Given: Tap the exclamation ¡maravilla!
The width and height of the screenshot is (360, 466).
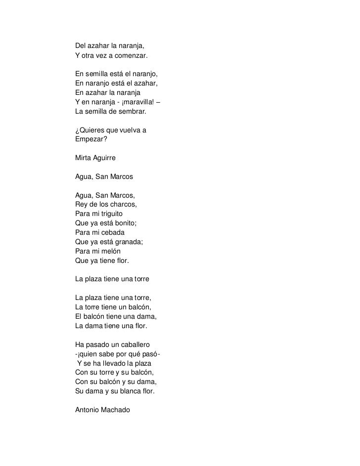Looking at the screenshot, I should tap(135, 102).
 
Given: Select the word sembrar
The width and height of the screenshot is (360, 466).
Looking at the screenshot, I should tap(133, 112).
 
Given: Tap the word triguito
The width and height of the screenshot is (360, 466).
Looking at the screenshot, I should tap(112, 214).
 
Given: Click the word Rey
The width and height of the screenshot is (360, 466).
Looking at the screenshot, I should tap(82, 205).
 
